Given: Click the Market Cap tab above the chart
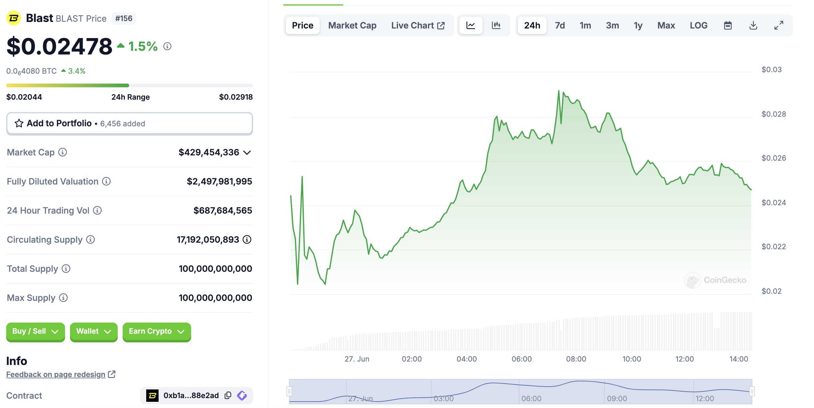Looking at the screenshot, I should pyautogui.click(x=352, y=25).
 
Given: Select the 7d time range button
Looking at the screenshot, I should pyautogui.click(x=560, y=25).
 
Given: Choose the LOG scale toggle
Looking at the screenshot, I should pyautogui.click(x=698, y=25).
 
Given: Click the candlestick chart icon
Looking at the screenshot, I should pyautogui.click(x=496, y=25).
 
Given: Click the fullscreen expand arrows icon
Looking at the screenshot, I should pyautogui.click(x=778, y=25).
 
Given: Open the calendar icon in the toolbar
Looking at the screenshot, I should pyautogui.click(x=727, y=25).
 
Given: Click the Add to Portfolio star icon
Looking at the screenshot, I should pyautogui.click(x=19, y=124).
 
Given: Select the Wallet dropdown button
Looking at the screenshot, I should pyautogui.click(x=94, y=331).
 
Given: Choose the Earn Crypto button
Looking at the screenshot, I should pyautogui.click(x=156, y=331).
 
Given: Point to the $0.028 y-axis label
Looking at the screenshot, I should pyautogui.click(x=773, y=114).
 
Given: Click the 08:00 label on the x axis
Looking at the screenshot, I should pyautogui.click(x=576, y=359).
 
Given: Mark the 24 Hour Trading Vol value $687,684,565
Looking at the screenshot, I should pyautogui.click(x=222, y=211).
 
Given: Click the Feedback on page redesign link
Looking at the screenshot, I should pyautogui.click(x=56, y=375).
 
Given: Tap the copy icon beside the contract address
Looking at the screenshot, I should pyautogui.click(x=228, y=395).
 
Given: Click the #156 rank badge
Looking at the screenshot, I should pyautogui.click(x=124, y=18).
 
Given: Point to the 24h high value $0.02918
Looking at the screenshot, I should pyautogui.click(x=236, y=97).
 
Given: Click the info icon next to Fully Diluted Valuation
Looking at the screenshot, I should pyautogui.click(x=107, y=182).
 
